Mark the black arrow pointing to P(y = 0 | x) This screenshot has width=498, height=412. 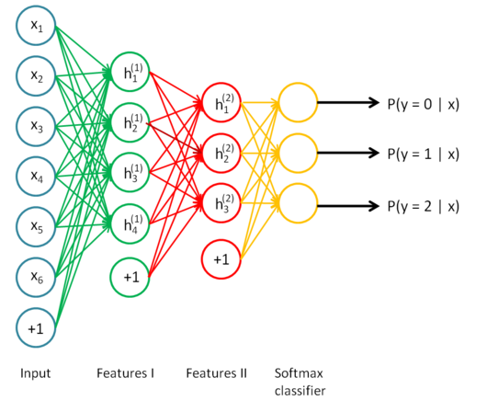348,102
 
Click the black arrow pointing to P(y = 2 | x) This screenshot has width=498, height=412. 348,206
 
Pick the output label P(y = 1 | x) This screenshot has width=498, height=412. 424,154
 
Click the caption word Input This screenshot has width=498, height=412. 35,373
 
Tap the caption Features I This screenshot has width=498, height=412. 126,372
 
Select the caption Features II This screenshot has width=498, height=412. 216,372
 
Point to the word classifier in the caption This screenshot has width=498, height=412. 300,391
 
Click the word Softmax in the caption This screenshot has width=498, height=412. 299,372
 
